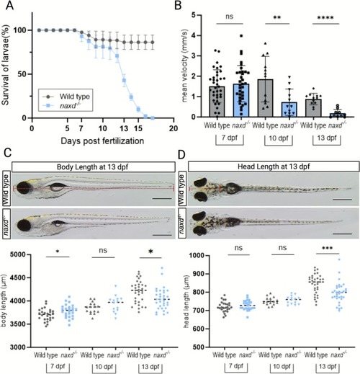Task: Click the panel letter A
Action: [10, 5]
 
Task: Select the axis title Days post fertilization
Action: [102, 141]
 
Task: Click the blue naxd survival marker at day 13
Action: [124, 80]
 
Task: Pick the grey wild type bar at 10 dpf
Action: [265, 98]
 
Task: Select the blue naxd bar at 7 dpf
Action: [241, 100]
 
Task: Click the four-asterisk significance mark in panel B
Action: [325, 18]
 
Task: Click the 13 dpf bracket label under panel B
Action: [327, 138]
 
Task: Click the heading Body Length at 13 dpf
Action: [92, 166]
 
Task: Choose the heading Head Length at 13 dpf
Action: [274, 166]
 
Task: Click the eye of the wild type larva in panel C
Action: [24, 189]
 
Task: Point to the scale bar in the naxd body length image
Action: [162, 235]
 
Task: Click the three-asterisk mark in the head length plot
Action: [328, 248]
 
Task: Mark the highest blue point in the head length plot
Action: [339, 259]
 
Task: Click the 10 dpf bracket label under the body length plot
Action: [104, 368]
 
